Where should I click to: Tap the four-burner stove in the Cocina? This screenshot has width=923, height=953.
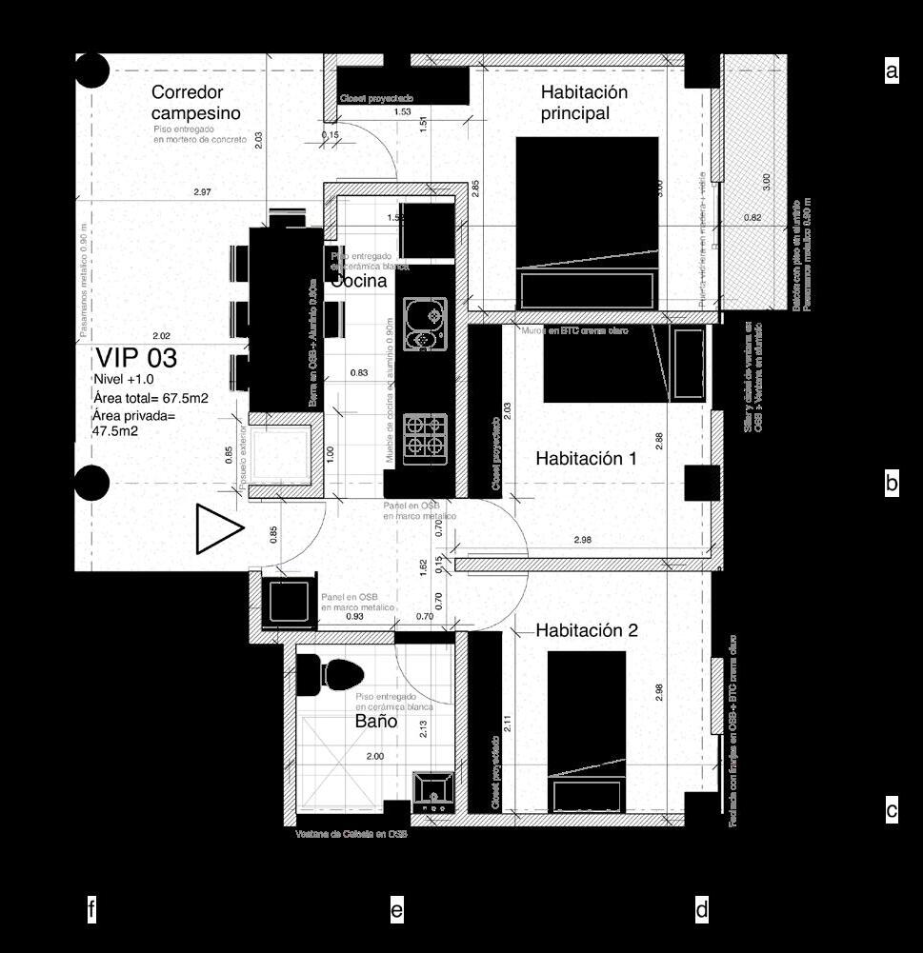click(425, 438)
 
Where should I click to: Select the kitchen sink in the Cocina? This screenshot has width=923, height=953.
click(425, 324)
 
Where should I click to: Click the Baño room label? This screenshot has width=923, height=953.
click(376, 722)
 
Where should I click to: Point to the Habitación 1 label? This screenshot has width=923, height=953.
click(586, 458)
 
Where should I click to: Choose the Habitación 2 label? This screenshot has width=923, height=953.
click(586, 630)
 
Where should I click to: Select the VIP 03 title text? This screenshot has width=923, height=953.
click(135, 359)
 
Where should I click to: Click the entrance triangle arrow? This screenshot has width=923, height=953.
click(217, 529)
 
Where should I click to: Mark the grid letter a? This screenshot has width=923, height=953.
click(892, 70)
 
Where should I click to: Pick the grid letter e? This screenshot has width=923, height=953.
click(396, 911)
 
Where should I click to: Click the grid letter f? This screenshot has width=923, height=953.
click(90, 911)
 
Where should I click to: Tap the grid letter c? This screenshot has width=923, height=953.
click(892, 811)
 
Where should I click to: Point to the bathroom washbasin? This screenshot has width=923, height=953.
click(432, 791)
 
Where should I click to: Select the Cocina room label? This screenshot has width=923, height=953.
click(359, 281)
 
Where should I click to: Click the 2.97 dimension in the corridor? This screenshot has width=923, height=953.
click(201, 192)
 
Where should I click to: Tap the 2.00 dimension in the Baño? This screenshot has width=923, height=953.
click(375, 756)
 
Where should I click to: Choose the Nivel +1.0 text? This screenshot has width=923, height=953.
click(126, 380)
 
